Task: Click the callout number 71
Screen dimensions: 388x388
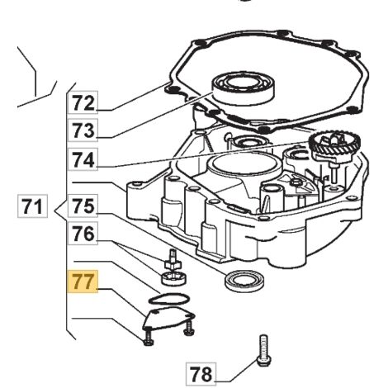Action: pyautogui.click(x=32, y=206)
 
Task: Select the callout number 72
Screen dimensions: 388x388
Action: pyautogui.click(x=83, y=102)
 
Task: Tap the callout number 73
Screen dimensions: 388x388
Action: pyautogui.click(x=83, y=130)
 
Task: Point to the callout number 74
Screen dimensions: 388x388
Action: pyautogui.click(x=83, y=159)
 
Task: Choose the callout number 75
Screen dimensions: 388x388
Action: pyautogui.click(x=83, y=206)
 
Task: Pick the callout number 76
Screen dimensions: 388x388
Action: pyautogui.click(x=83, y=233)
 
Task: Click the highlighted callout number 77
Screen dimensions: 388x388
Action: pyautogui.click(x=83, y=282)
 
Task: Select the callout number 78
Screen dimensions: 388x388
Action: pyautogui.click(x=201, y=374)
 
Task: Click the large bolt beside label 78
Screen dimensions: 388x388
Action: pyautogui.click(x=264, y=350)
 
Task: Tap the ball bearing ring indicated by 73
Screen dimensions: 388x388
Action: pyautogui.click(x=243, y=87)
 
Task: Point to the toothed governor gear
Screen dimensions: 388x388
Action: pyautogui.click(x=335, y=145)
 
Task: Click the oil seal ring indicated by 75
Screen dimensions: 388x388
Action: pyautogui.click(x=244, y=280)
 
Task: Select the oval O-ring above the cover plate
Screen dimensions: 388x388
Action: pyautogui.click(x=168, y=299)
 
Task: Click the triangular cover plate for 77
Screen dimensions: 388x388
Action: pyautogui.click(x=168, y=319)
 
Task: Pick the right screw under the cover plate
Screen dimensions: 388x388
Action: pyautogui.click(x=188, y=329)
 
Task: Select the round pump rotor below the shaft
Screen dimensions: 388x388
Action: pyautogui.click(x=174, y=278)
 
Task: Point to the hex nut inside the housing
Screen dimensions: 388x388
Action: pyautogui.click(x=296, y=181)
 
